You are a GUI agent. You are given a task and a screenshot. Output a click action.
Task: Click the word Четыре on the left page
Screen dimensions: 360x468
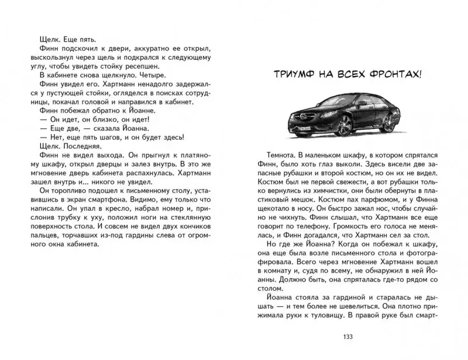coord(149,75)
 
